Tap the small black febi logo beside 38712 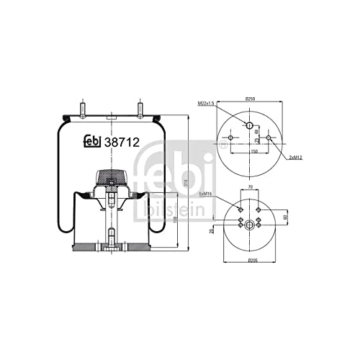(91, 142)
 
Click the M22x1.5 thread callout (207, 105)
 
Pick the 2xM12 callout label (294, 157)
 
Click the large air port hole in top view (251, 127)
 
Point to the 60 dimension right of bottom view (284, 216)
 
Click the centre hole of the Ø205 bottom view (250, 225)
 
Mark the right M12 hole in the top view (269, 138)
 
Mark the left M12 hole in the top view (232, 138)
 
